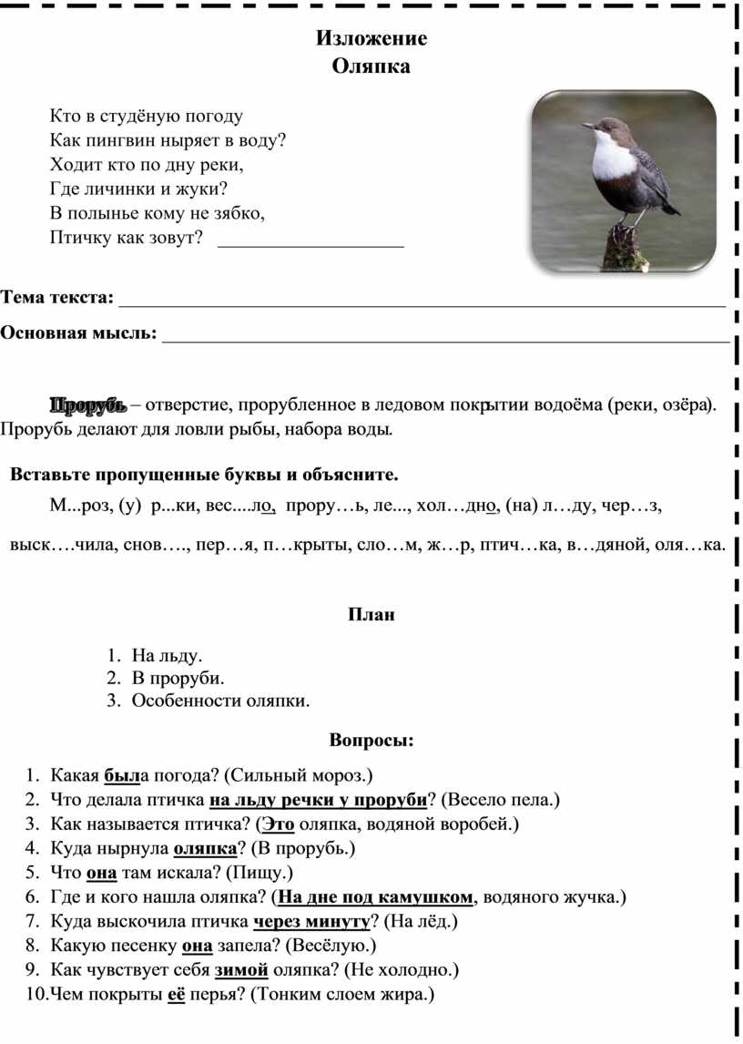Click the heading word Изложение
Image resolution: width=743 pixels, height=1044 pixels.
(x=371, y=38)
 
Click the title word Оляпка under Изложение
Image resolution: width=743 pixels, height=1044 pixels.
(x=371, y=66)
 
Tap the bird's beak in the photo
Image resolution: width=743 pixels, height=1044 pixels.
(x=590, y=125)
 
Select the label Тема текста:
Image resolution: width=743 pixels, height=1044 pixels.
(x=57, y=298)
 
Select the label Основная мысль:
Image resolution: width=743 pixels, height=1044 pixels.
(x=78, y=333)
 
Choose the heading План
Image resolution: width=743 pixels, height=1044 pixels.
(x=371, y=615)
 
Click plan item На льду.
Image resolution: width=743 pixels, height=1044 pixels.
(x=168, y=655)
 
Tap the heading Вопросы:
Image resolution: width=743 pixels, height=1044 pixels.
(x=371, y=740)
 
